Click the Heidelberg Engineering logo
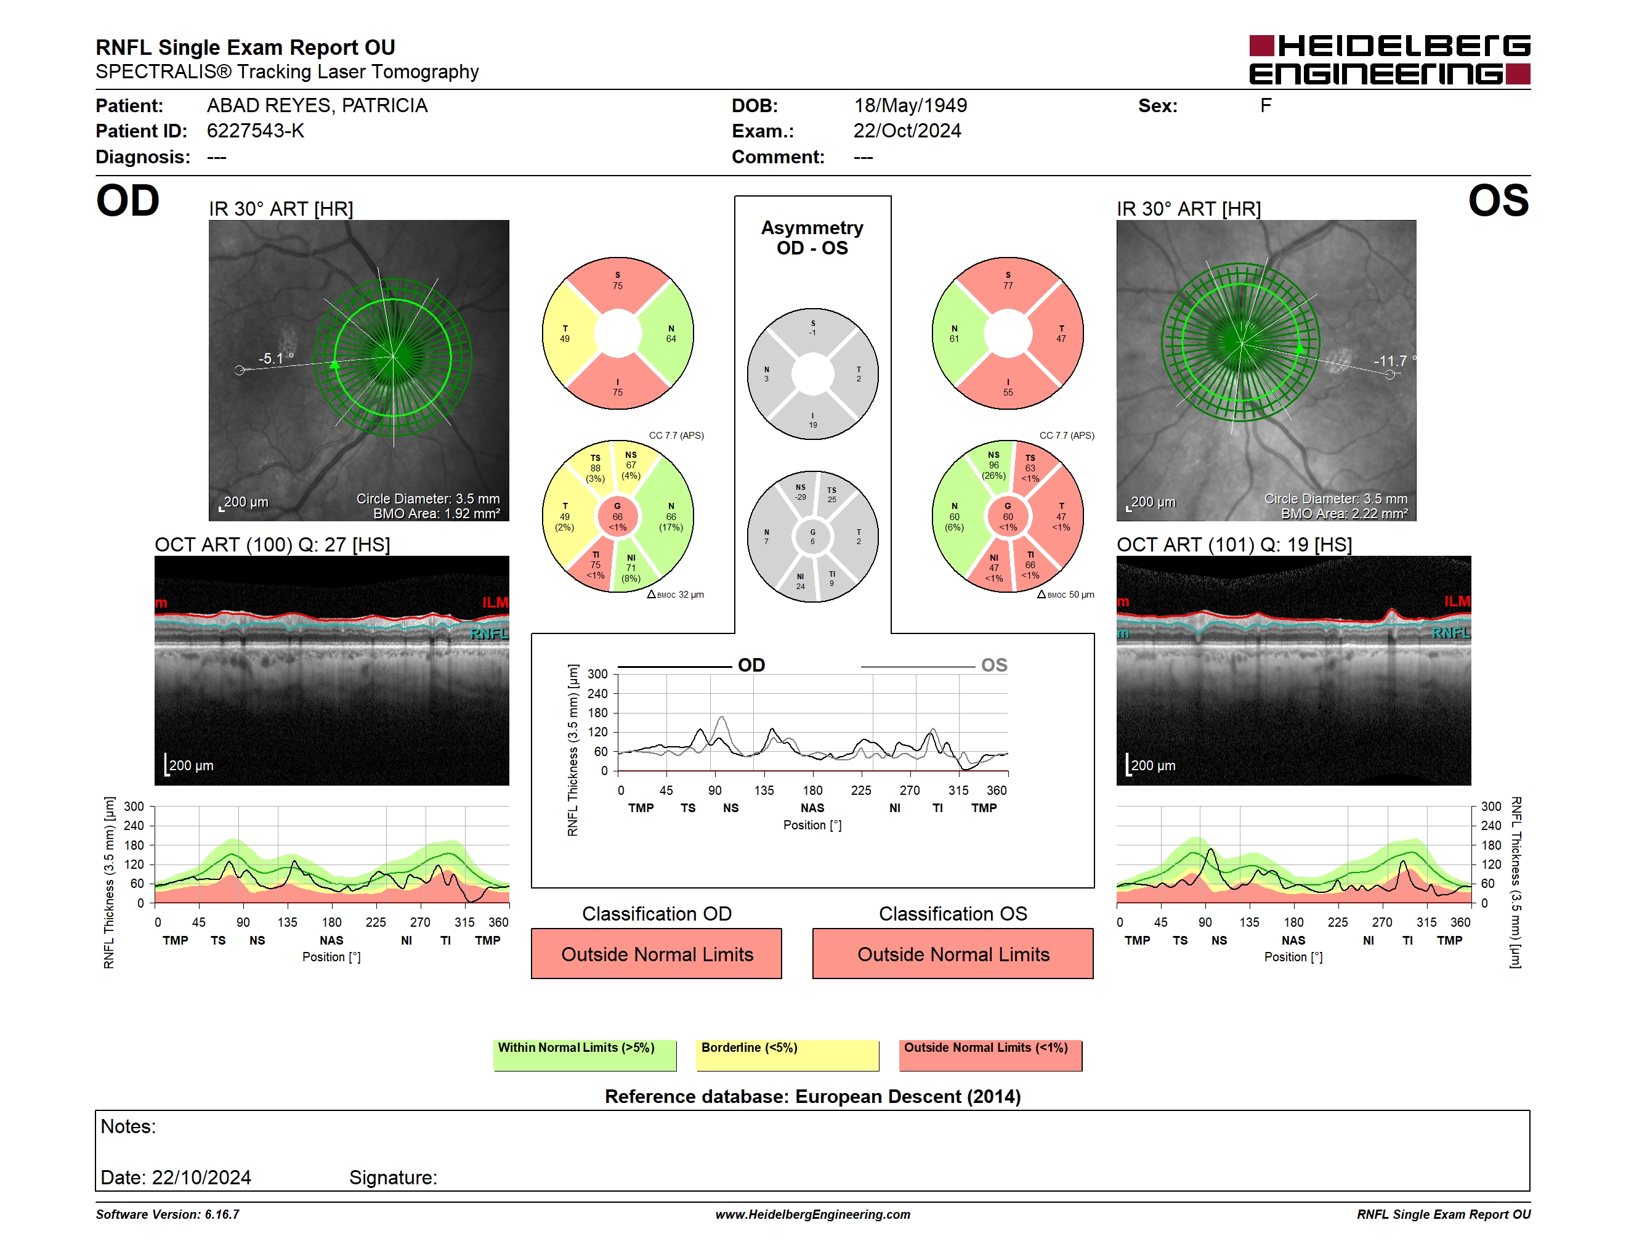click(x=1389, y=60)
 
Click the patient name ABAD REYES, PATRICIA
click(x=317, y=106)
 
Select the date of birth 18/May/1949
click(x=910, y=106)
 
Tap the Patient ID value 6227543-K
click(x=256, y=131)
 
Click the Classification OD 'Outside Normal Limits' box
click(x=657, y=953)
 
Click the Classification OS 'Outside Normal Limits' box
click(x=953, y=953)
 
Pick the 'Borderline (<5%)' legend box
click(x=788, y=1055)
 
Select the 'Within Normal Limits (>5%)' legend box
click(x=585, y=1055)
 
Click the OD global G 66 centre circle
click(x=617, y=516)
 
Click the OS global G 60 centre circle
click(x=1007, y=516)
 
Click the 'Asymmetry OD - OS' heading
click(x=812, y=238)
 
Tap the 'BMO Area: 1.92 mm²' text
click(x=436, y=513)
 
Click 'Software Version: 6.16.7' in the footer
click(x=168, y=1214)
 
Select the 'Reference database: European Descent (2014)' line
click(x=812, y=1096)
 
